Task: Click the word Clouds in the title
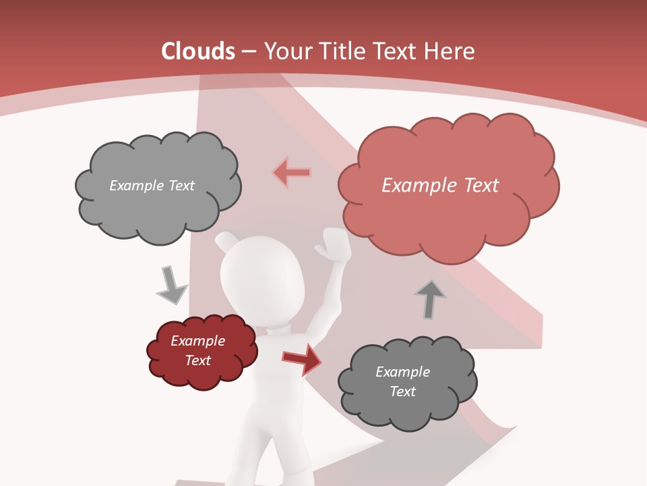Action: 198,51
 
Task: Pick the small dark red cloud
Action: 202,351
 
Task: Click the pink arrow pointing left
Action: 291,173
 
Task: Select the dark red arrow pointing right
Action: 301,359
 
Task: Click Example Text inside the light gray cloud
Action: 152,186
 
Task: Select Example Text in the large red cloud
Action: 440,186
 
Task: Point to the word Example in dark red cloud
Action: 197,341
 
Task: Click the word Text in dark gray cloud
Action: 402,391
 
